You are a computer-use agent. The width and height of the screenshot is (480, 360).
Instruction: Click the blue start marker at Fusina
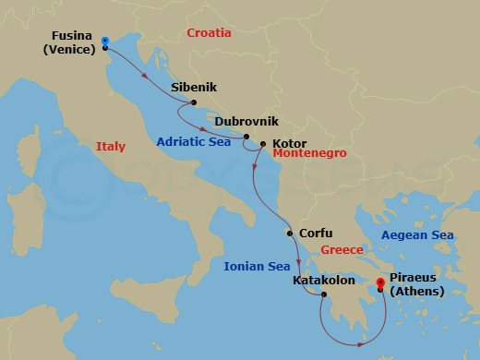point(105,42)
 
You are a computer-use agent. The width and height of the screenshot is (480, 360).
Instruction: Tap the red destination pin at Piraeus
point(380,285)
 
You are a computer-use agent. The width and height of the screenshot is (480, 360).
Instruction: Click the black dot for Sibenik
point(194,103)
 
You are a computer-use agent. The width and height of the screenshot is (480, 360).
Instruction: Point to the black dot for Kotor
point(263,144)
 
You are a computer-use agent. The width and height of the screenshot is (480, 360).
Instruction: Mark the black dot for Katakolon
point(324,295)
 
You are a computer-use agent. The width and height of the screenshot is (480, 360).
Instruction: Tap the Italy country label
point(111,147)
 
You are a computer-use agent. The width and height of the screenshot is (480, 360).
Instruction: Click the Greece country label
point(341,250)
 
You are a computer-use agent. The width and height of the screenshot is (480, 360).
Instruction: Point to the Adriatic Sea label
point(192,142)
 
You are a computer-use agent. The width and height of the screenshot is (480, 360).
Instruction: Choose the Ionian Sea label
point(257,267)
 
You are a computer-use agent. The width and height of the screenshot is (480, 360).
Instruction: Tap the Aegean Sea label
point(417,235)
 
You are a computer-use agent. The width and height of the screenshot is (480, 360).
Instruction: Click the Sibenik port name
point(194,89)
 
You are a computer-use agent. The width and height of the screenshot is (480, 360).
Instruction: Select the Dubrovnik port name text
point(246,121)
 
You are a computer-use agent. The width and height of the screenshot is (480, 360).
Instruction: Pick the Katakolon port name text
point(323,280)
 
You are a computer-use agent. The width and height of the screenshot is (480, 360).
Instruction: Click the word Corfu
point(316,234)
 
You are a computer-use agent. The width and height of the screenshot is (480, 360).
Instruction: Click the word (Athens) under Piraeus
point(416,292)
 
